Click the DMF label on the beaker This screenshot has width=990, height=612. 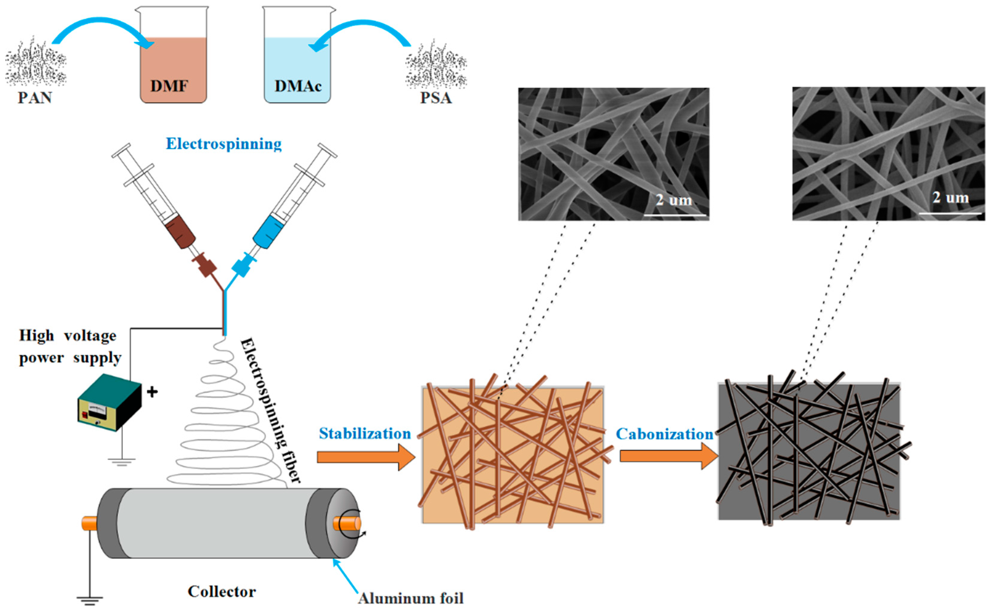(169, 86)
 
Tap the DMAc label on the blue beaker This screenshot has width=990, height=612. (298, 86)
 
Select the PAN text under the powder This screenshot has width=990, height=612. (35, 98)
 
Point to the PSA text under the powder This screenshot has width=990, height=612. (436, 98)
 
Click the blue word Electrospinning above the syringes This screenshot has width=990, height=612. (224, 144)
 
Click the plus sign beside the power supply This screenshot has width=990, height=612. (152, 392)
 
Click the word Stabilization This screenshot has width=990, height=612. (365, 434)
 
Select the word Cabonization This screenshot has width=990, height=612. (664, 434)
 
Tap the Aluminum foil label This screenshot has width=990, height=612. (411, 598)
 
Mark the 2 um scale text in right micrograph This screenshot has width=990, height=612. (950, 198)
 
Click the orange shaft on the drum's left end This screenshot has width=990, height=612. (89, 523)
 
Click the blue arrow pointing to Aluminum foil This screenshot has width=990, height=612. (345, 575)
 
